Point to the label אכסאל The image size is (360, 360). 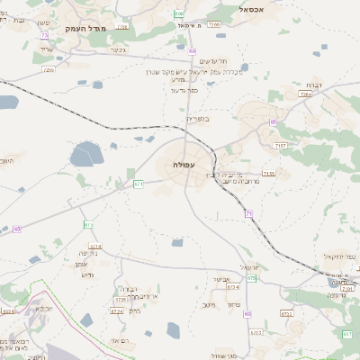pyautogui.click(x=256, y=8)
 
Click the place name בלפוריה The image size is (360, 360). pyautogui.click(x=197, y=119)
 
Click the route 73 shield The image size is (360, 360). pyautogui.click(x=44, y=35)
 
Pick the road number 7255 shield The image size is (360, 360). pyautogui.click(x=48, y=68)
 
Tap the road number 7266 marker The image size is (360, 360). pyautogui.click(x=213, y=25)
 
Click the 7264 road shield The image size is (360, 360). pyautogui.click(x=305, y=94)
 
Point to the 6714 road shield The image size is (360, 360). pyautogui.click(x=94, y=246)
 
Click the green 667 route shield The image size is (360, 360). pyautogui.click(x=348, y=335)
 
